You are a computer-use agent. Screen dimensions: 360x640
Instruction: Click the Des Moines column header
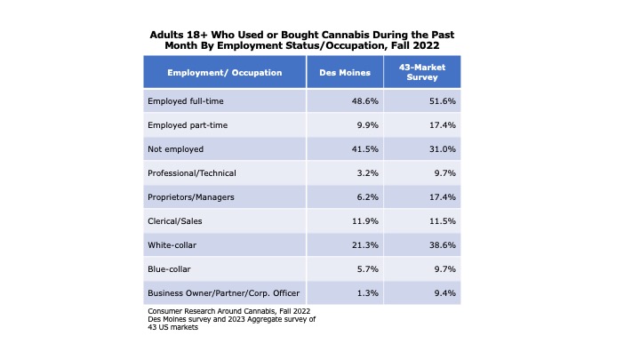tap(345, 71)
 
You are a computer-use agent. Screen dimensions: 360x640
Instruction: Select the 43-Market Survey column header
tap(422, 71)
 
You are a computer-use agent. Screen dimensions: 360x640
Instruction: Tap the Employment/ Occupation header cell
tap(225, 71)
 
